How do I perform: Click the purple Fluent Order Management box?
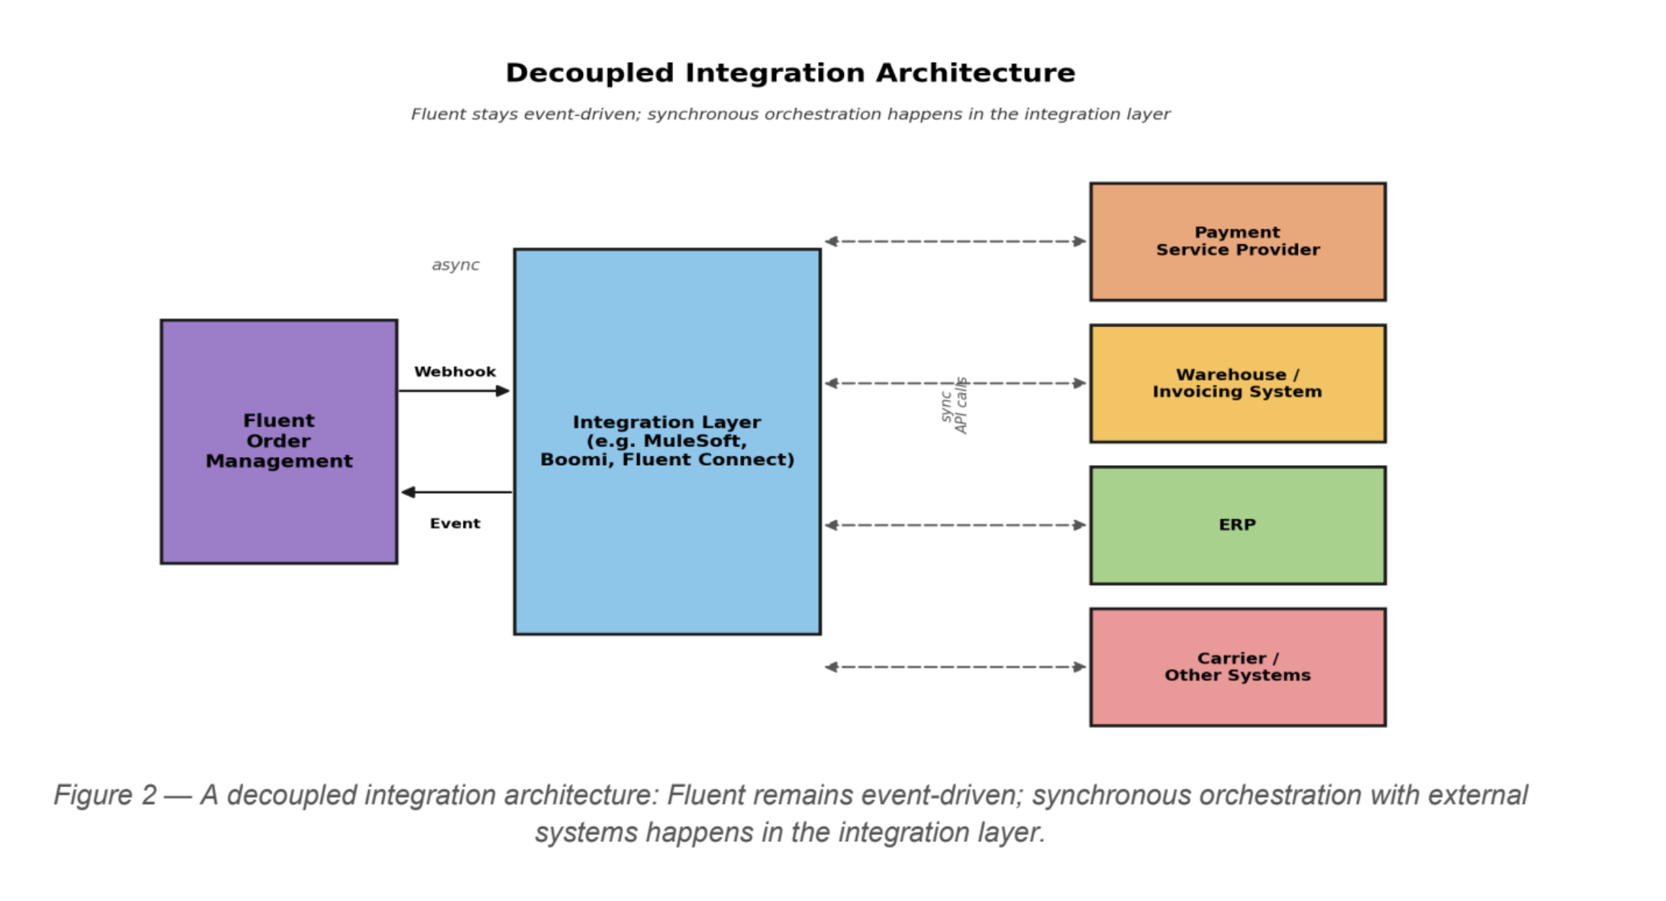point(279,441)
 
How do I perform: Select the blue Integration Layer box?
point(667,441)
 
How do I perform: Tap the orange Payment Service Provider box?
point(1238,241)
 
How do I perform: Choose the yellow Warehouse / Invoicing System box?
point(1238,383)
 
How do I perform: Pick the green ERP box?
point(1238,525)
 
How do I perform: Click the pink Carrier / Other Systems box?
point(1238,667)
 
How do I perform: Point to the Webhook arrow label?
point(455,372)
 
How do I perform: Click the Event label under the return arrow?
point(455,523)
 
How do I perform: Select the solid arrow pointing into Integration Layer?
point(455,391)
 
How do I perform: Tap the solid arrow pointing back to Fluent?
point(456,492)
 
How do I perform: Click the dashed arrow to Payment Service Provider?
point(955,241)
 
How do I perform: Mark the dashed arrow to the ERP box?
point(955,525)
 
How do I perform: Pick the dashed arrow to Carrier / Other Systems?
point(955,667)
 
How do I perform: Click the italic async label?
point(455,265)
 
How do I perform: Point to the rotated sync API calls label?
point(954,406)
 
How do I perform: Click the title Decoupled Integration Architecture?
point(790,73)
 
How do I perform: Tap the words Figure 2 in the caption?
point(105,795)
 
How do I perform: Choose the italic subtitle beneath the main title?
point(790,114)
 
